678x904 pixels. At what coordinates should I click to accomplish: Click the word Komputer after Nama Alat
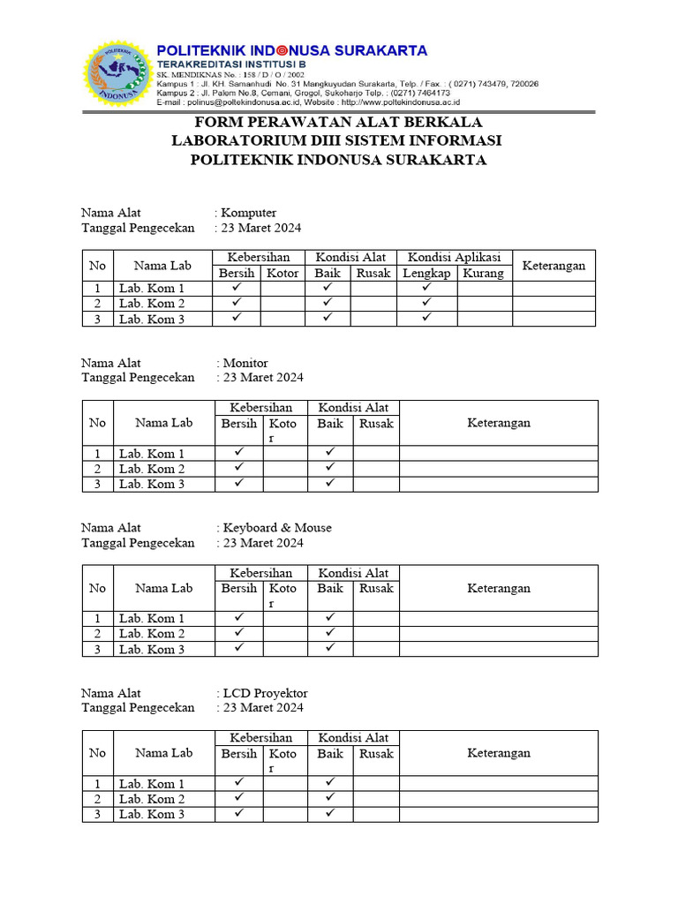(250, 213)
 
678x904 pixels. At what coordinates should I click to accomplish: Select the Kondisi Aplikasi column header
(454, 257)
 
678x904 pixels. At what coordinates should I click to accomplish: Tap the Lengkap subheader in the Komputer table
(426, 273)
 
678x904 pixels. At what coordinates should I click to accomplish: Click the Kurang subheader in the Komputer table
(484, 273)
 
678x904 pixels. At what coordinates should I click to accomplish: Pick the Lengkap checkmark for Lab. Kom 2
(426, 303)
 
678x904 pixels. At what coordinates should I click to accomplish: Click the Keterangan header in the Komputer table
(554, 265)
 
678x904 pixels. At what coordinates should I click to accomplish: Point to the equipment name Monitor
(246, 363)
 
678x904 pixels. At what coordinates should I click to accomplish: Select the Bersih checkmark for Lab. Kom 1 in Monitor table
(238, 453)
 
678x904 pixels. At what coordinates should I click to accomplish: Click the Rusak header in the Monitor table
(376, 424)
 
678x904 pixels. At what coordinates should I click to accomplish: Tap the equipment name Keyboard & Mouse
(277, 528)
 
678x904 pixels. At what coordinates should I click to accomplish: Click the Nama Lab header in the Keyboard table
(163, 588)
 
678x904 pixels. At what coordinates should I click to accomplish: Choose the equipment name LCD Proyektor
(266, 693)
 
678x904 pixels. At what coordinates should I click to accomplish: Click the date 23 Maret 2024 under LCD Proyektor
(263, 708)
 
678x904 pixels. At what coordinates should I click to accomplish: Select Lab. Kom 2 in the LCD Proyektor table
(152, 799)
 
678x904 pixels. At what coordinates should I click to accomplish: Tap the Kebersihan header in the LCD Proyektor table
(261, 738)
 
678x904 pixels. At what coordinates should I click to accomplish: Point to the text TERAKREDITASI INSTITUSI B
(230, 65)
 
